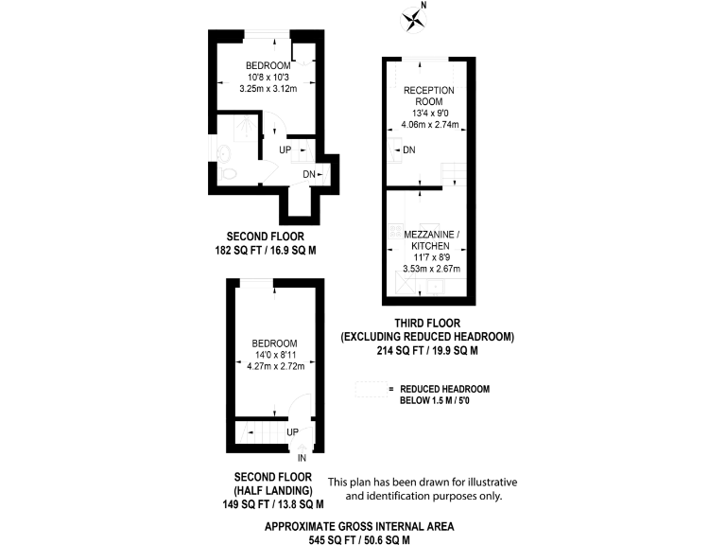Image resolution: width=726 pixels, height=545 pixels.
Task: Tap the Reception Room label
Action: point(428,95)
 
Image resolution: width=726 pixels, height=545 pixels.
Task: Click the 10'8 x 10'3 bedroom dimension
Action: point(255,77)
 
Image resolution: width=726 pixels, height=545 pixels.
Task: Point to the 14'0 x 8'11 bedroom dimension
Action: point(274,354)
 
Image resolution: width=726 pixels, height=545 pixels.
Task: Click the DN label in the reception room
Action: point(408,151)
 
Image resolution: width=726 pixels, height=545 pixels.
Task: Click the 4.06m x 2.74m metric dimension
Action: point(429,125)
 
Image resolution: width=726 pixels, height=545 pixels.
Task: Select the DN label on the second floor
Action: point(308,174)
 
